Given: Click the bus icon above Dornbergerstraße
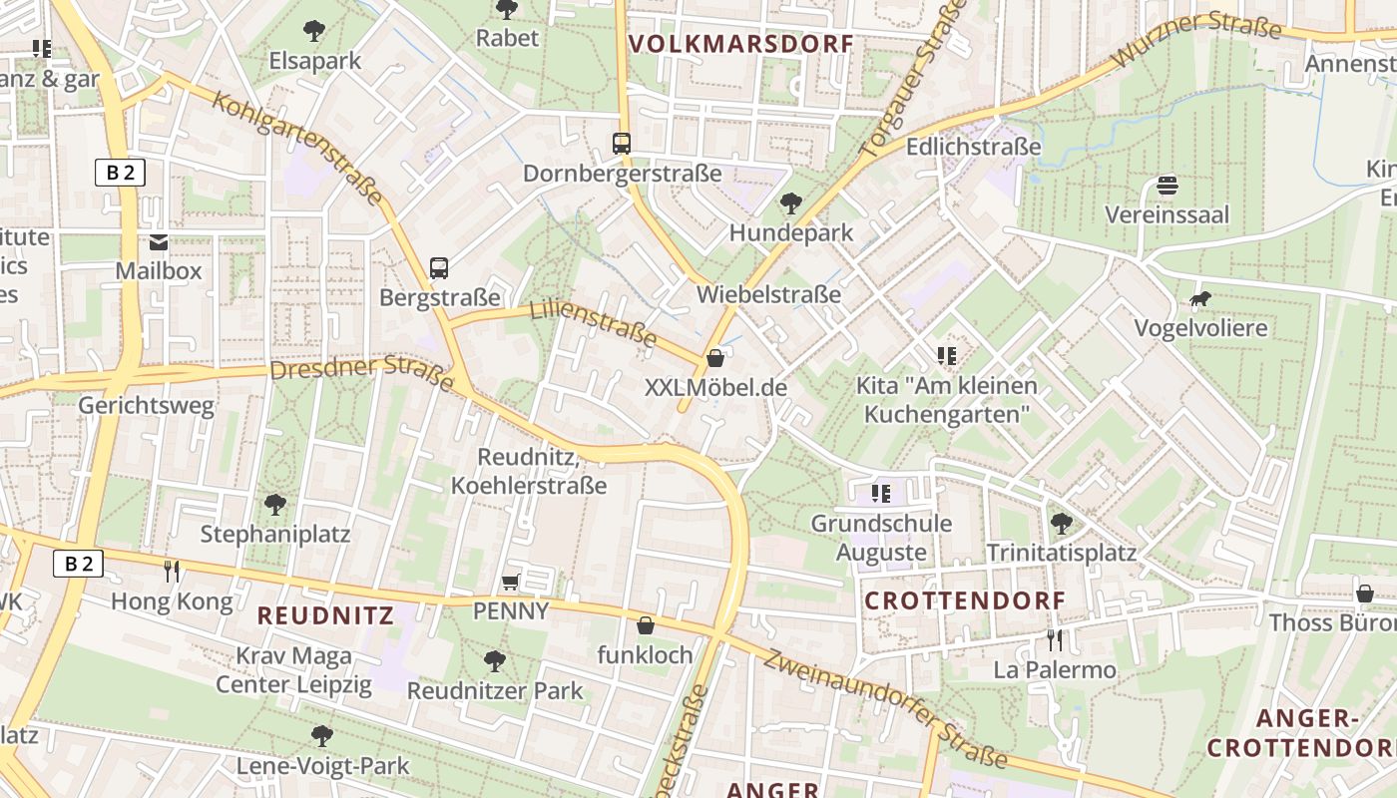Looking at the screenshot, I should tap(622, 144).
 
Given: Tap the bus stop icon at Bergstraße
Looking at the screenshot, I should tap(439, 267).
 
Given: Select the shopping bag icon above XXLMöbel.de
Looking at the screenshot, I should tap(715, 358).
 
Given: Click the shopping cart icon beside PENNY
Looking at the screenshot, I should tap(511, 582).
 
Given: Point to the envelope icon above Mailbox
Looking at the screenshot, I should tap(159, 241).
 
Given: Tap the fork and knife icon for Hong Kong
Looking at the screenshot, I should tap(172, 571).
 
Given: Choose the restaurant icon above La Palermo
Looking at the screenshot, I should tap(1055, 639).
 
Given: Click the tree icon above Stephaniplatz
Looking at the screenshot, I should tap(274, 504).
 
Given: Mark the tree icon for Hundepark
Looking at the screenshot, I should tap(790, 203).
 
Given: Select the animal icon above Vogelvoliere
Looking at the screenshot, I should tap(1200, 299).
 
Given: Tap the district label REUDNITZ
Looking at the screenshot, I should tap(325, 614).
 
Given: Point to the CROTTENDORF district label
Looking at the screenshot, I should tap(965, 600).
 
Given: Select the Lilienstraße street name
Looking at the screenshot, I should tap(594, 322).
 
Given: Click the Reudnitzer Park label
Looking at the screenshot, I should tap(495, 689).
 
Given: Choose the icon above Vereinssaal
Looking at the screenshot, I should tap(1166, 186).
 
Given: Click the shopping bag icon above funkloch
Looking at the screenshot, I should tap(646, 625).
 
